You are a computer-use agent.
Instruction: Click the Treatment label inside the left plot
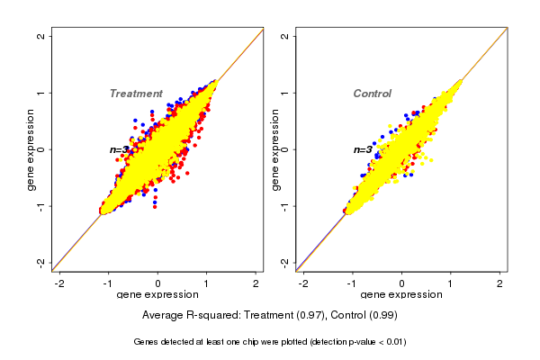[x=136, y=94]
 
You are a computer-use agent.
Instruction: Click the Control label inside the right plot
[x=372, y=94]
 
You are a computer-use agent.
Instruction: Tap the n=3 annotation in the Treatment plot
[x=121, y=149]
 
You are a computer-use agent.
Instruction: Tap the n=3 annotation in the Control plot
[x=363, y=149]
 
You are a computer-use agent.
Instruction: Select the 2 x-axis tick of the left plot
[x=256, y=283]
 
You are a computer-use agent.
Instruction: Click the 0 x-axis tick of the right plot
[x=401, y=283]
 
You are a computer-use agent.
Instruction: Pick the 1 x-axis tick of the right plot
[x=451, y=283]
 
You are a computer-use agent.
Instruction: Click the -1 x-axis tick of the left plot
[x=110, y=283]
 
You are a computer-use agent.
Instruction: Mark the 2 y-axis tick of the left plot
[x=42, y=36]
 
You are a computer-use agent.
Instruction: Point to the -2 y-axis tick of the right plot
[x=285, y=262]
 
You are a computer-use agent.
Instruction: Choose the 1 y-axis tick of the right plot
[x=285, y=93]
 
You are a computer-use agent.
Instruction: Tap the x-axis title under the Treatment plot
[x=158, y=295]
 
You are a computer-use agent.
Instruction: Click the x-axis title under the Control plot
[x=401, y=295]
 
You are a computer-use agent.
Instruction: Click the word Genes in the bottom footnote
[x=148, y=342]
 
